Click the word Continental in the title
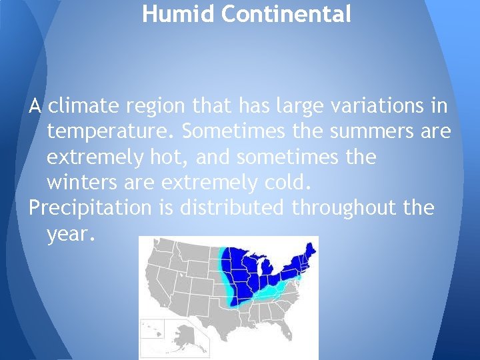286,14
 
